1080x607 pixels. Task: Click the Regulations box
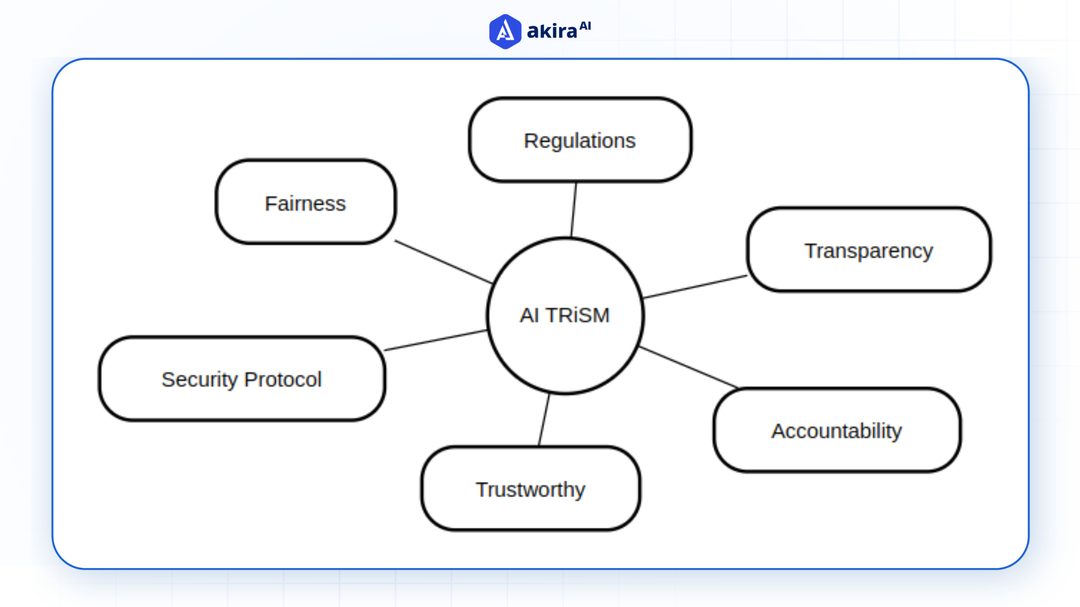tap(580, 141)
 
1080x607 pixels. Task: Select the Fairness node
tap(305, 202)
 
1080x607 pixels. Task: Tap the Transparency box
tap(868, 250)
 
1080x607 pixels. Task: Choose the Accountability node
tap(836, 431)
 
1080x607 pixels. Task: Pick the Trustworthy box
tap(530, 489)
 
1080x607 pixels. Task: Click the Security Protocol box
tap(242, 379)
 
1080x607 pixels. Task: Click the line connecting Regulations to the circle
tap(574, 210)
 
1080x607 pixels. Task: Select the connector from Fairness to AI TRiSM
tap(443, 262)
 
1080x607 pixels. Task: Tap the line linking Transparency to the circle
tap(695, 287)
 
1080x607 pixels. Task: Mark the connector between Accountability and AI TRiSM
tap(688, 368)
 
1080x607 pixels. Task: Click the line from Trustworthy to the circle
tap(544, 420)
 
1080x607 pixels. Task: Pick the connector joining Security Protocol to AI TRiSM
tap(436, 341)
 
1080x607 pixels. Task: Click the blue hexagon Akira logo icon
tap(505, 31)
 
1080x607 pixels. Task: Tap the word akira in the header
tap(552, 31)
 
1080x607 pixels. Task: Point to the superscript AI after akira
tap(585, 26)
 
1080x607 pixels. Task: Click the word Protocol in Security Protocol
tap(283, 379)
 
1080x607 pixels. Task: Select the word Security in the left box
tap(200, 379)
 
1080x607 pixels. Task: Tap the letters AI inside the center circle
tap(529, 315)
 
